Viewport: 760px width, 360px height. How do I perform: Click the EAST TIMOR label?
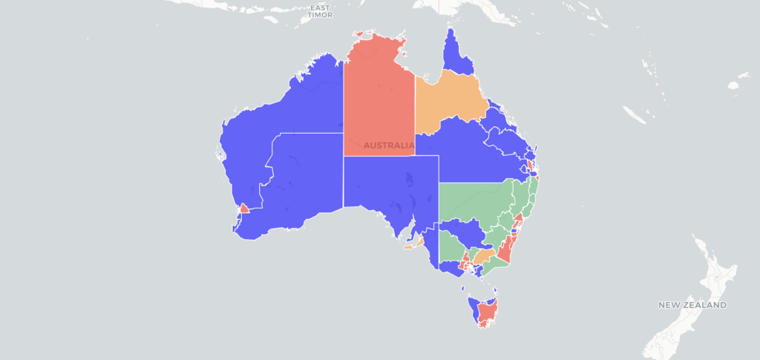click(321, 11)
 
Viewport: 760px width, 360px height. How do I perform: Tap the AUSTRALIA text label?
click(389, 145)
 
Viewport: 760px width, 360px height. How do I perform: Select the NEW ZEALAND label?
click(692, 305)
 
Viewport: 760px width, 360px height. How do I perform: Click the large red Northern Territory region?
click(379, 96)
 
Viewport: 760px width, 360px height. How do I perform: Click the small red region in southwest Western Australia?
click(243, 209)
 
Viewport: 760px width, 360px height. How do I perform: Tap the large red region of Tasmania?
click(488, 312)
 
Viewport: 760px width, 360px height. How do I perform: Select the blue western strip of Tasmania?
click(473, 308)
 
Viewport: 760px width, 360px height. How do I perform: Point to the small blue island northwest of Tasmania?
click(462, 289)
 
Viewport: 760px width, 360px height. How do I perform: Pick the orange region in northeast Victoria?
click(483, 256)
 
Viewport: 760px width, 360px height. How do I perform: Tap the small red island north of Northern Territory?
click(359, 33)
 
